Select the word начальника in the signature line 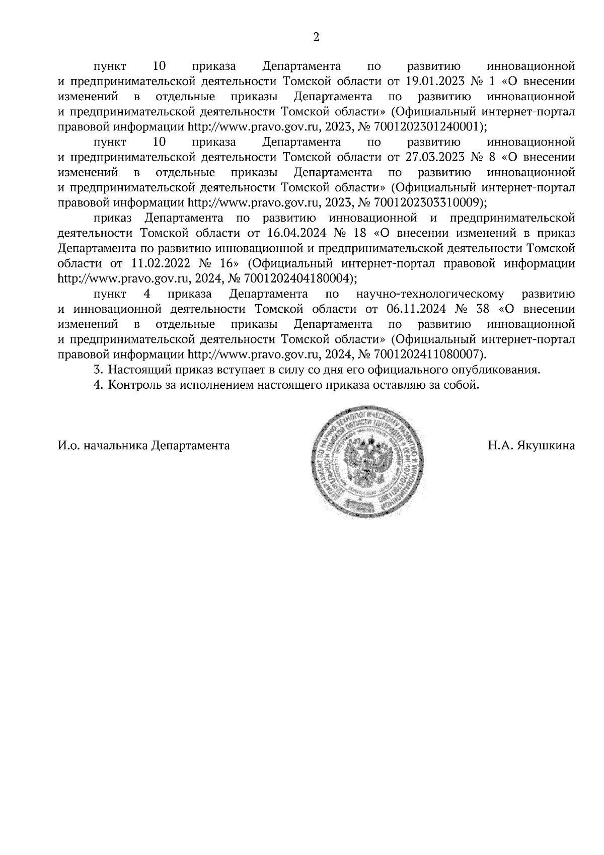coord(115,446)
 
